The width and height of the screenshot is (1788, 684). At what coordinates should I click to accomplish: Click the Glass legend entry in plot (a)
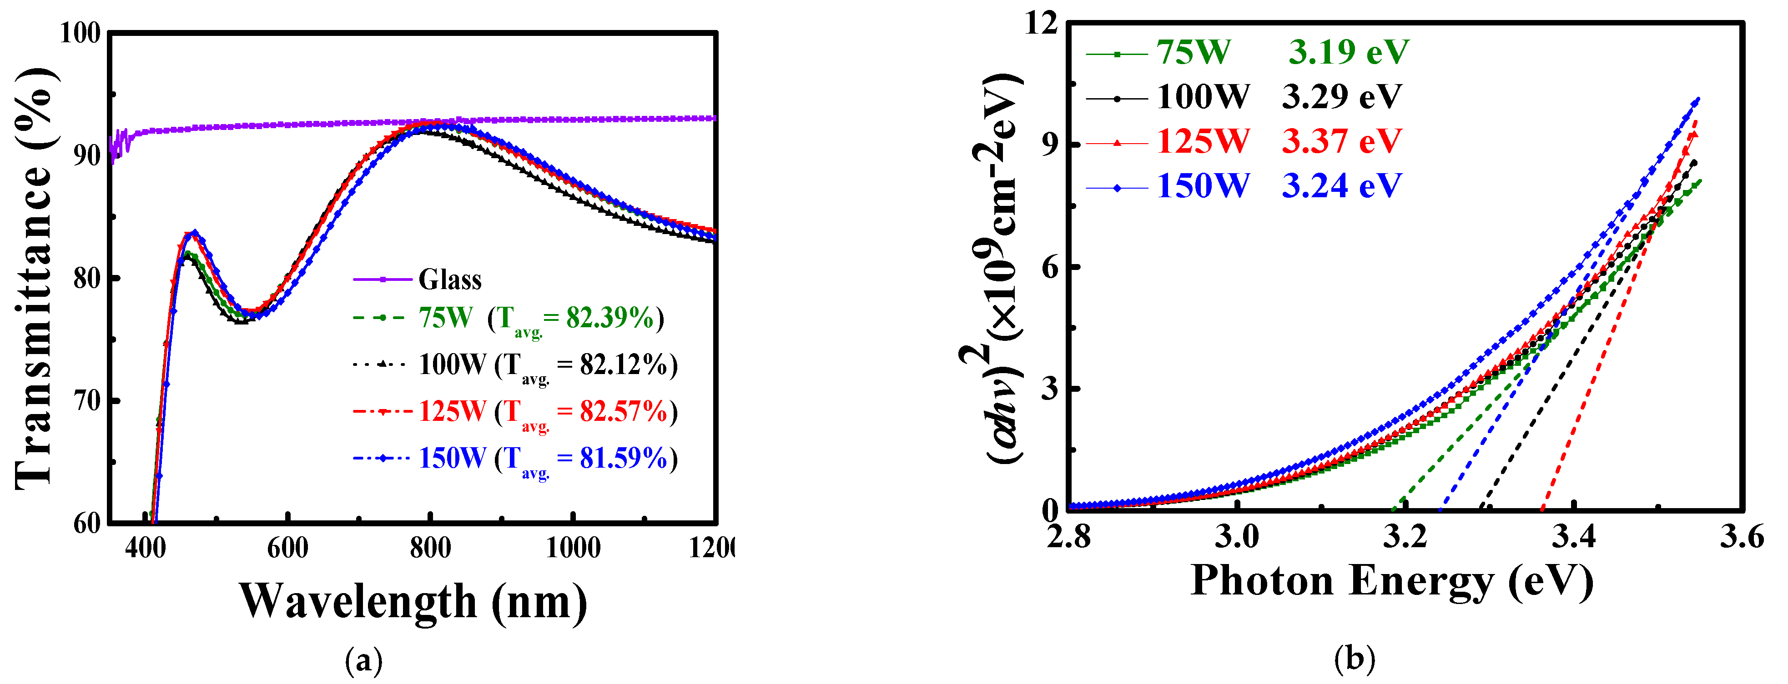click(x=450, y=280)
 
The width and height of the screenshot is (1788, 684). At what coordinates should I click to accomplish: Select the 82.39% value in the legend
click(x=609, y=318)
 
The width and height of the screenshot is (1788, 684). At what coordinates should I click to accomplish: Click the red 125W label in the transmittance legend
click(x=452, y=411)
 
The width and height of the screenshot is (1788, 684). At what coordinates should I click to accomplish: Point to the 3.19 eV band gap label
click(x=1349, y=52)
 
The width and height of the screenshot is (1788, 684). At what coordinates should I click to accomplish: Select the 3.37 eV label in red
click(x=1341, y=141)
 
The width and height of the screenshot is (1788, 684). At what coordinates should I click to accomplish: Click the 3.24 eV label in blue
click(x=1341, y=185)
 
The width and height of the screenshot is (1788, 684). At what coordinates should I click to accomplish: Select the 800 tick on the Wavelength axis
click(x=430, y=548)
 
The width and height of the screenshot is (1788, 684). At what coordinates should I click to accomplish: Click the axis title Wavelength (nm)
click(x=414, y=601)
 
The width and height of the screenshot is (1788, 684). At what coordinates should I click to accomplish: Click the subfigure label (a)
click(x=364, y=661)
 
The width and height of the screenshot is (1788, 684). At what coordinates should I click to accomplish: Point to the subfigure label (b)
click(x=1354, y=659)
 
